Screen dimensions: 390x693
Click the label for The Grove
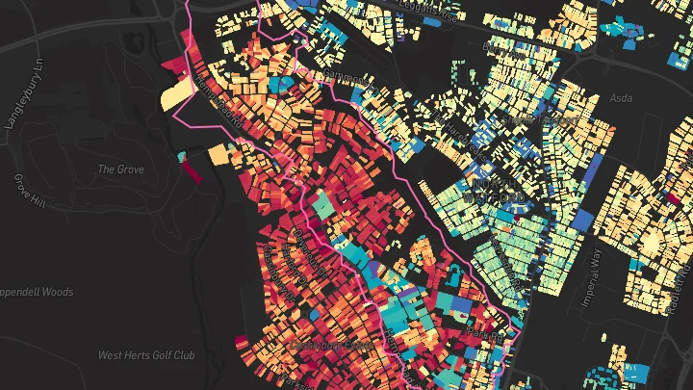click(121, 169)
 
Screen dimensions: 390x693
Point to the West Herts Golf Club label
click(146, 355)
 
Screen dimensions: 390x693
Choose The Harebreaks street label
click(457, 130)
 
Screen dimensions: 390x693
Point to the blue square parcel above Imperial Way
click(580, 219)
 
